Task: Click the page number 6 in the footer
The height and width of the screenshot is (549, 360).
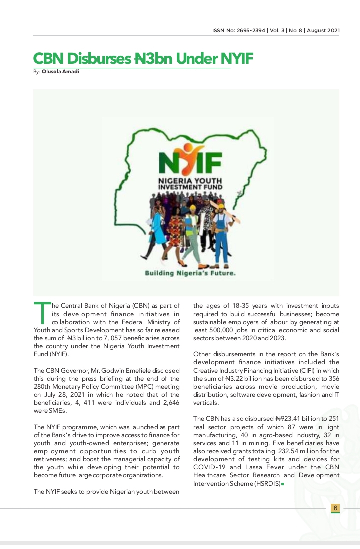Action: click(335, 508)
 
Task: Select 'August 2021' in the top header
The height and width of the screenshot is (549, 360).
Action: click(324, 31)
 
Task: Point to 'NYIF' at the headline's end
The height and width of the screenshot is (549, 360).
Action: click(236, 59)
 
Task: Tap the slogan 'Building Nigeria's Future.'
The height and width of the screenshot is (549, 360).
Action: click(190, 273)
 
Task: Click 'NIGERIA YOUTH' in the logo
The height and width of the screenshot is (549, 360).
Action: click(190, 180)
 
